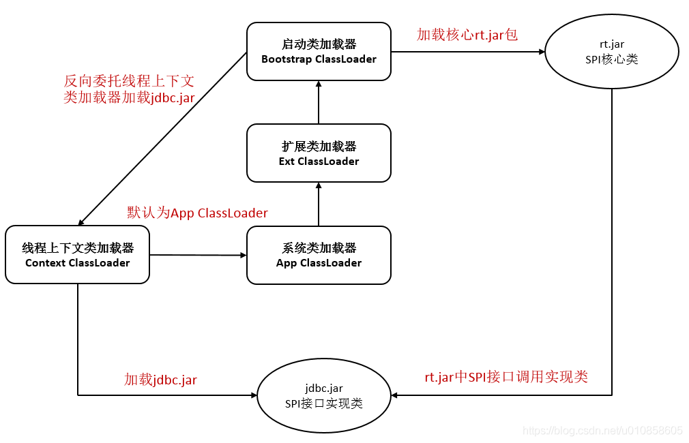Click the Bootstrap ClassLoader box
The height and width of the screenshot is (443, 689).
click(319, 51)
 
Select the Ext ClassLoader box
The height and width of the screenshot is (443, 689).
click(319, 153)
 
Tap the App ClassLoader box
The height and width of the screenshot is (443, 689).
click(319, 255)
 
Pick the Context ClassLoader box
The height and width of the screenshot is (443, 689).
click(77, 255)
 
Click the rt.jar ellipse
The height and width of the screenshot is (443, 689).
click(611, 52)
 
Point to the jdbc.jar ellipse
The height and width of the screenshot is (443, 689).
click(324, 396)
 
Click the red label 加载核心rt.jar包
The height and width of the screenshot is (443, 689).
click(467, 35)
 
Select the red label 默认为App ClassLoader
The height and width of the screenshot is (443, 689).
click(198, 213)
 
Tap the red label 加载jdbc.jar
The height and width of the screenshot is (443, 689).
click(160, 380)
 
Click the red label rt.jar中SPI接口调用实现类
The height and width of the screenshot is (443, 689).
click(506, 377)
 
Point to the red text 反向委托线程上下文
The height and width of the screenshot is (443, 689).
click(129, 81)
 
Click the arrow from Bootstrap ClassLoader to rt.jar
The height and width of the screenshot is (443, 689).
click(467, 51)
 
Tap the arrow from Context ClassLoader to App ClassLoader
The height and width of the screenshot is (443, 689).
click(198, 256)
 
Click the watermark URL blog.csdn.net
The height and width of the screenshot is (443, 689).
click(602, 431)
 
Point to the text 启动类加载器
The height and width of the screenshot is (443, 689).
click(319, 44)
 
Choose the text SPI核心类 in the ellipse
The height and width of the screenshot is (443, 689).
click(611, 59)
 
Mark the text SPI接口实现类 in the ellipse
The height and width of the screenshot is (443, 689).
click(324, 403)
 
